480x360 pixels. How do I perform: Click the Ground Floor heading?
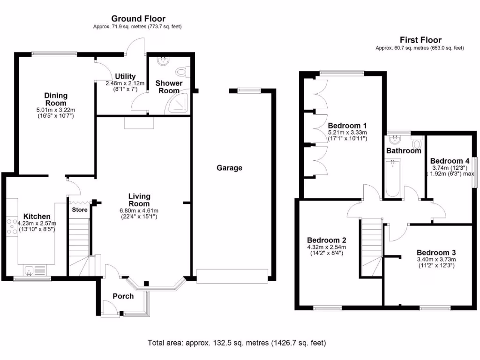[138, 19]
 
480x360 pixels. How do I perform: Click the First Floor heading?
[420, 40]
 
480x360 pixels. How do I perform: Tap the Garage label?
[229, 168]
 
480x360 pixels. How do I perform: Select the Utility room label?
[125, 76]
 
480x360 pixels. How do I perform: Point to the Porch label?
[123, 296]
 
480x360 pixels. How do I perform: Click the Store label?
[80, 210]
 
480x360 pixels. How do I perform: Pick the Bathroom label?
[404, 151]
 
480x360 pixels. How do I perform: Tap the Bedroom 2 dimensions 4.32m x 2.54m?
[326, 247]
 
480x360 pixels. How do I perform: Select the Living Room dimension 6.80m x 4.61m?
[139, 210]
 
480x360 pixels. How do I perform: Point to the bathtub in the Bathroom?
[392, 178]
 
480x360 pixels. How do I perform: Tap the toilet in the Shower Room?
[182, 72]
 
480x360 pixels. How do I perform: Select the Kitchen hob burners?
[11, 226]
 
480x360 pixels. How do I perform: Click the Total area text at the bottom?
[236, 343]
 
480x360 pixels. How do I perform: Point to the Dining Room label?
[55, 99]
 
